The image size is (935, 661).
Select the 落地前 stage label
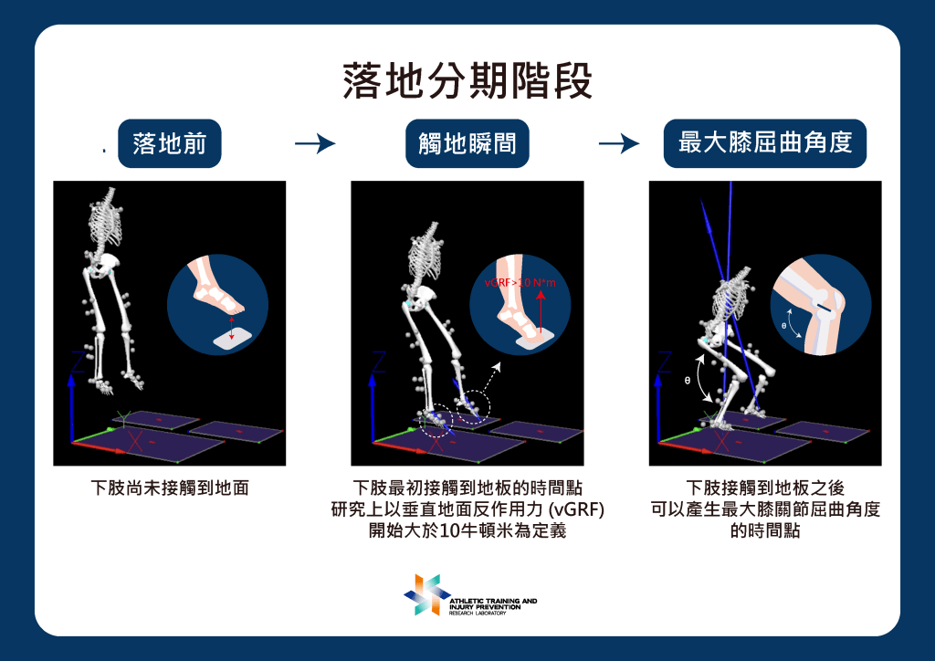[x=169, y=143]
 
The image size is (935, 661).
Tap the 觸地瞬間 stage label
[x=467, y=143]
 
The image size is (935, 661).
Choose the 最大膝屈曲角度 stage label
[x=765, y=143]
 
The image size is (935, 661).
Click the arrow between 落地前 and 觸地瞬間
[x=315, y=143]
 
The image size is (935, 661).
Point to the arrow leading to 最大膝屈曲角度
[x=619, y=143]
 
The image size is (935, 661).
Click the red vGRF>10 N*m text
[x=520, y=282]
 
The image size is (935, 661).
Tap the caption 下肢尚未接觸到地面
[x=170, y=488]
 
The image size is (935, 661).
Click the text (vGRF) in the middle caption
[x=577, y=509]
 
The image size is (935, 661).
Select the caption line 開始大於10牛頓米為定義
[x=467, y=530]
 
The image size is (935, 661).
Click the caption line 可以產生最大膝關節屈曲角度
[x=765, y=509]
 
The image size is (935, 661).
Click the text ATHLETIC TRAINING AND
[x=493, y=601]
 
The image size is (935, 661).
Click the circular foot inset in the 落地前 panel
[x=217, y=305]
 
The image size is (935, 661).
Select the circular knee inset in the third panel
[x=821, y=305]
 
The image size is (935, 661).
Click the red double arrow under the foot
[x=232, y=328]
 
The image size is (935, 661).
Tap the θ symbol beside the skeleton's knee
[x=688, y=381]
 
